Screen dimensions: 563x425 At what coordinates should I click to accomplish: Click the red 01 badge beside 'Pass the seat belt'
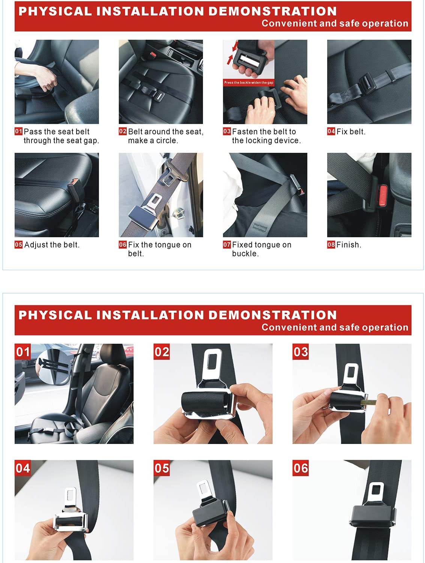[18, 131]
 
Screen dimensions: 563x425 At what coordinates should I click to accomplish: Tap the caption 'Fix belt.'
[351, 132]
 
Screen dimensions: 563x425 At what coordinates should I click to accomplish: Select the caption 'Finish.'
[348, 245]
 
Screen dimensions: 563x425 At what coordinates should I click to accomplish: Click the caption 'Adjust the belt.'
[52, 245]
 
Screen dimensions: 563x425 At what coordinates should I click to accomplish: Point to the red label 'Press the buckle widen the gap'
[249, 83]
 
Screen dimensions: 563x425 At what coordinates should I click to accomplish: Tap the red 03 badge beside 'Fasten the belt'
[227, 131]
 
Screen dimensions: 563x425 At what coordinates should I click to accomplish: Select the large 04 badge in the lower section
[23, 468]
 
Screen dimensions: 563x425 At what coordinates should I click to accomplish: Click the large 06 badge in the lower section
[300, 468]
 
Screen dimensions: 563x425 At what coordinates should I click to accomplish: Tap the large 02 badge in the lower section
[162, 352]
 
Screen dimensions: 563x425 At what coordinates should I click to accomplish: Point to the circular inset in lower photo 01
[53, 366]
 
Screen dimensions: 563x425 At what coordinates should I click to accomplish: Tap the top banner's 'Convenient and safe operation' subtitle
[335, 23]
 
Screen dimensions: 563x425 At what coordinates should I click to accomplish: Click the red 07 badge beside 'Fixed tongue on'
[227, 245]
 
